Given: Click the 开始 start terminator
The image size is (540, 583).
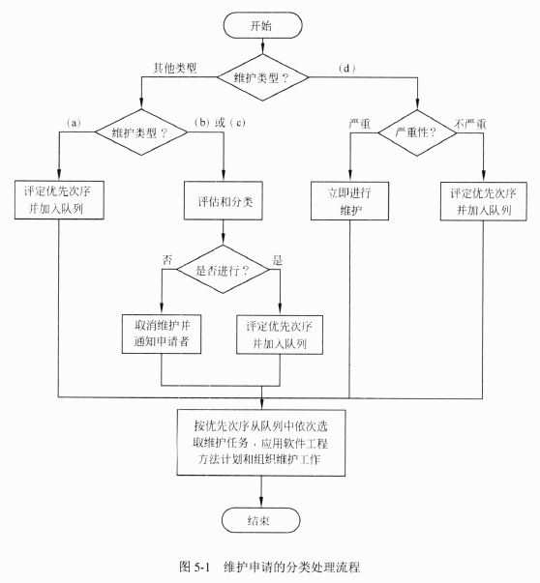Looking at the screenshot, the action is click(x=263, y=25).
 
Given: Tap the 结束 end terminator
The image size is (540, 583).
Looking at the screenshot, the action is click(x=260, y=520).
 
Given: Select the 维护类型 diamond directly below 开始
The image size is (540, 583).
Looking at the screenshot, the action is click(x=263, y=77).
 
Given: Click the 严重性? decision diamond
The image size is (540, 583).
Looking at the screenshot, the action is click(x=417, y=132).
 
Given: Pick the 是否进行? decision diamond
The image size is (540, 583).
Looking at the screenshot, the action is click(x=223, y=269).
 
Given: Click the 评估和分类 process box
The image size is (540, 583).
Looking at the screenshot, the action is click(x=224, y=201).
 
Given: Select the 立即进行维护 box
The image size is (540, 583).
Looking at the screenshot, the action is click(x=349, y=201).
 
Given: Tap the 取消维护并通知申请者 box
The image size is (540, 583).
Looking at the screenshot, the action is click(x=162, y=334).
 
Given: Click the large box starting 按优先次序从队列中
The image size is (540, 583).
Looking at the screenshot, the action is click(x=261, y=443).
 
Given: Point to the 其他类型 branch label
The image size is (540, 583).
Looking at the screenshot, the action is click(x=175, y=68).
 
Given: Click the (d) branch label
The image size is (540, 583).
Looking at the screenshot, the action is click(x=346, y=69).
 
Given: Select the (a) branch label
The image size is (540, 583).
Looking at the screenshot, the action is click(x=74, y=123).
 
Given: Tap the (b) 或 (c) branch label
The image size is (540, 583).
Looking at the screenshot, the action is click(x=220, y=123).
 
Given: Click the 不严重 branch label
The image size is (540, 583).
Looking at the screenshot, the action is click(x=470, y=124).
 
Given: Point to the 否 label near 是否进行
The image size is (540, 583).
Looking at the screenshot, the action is click(x=167, y=259).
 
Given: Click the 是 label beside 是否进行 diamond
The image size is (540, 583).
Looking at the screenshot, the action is click(x=277, y=260).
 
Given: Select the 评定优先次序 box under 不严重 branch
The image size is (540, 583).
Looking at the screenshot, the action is click(x=484, y=201).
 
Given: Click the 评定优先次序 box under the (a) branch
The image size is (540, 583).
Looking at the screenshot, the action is click(x=59, y=200).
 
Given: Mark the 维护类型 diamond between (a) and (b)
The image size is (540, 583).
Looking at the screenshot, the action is click(x=141, y=132).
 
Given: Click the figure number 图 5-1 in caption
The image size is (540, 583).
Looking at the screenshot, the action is click(x=195, y=567).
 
